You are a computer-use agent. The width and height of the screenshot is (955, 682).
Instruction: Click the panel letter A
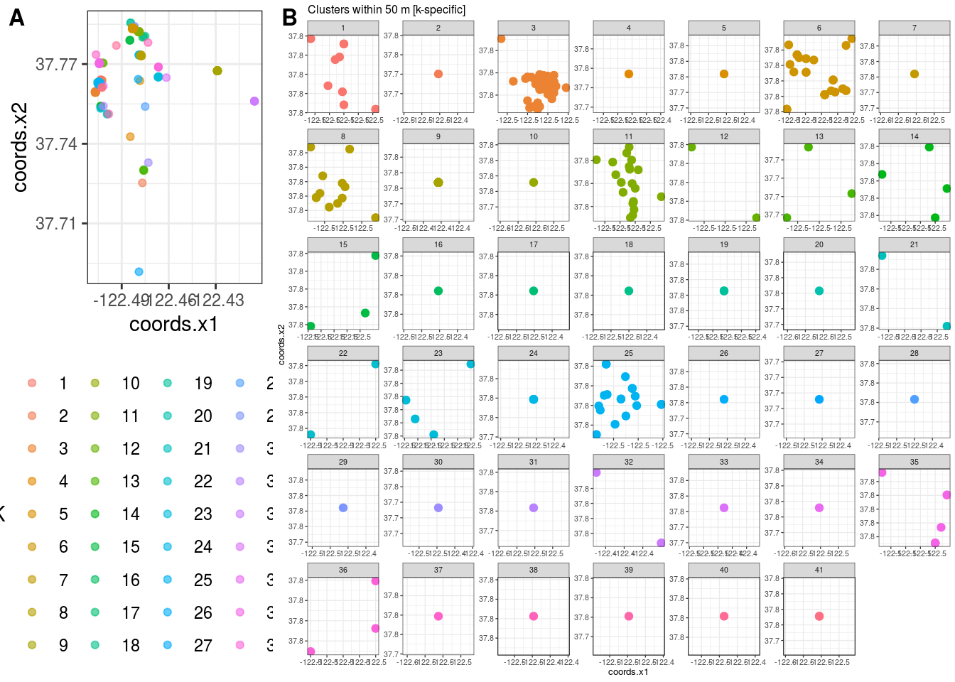pyautogui.click(x=16, y=18)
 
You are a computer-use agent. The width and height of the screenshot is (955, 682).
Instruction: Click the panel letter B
pyautogui.click(x=289, y=17)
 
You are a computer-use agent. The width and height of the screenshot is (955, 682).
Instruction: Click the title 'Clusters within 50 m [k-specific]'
pyautogui.click(x=387, y=10)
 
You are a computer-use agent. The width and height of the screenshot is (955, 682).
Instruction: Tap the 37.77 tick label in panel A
pyautogui.click(x=56, y=65)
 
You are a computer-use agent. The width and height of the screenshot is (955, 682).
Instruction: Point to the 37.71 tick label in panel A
pyautogui.click(x=56, y=224)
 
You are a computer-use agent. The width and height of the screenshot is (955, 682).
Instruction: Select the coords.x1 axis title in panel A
pyautogui.click(x=173, y=325)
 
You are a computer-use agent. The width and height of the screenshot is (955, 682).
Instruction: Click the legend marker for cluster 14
pyautogui.click(x=95, y=514)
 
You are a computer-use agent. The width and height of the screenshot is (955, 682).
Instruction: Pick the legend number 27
pyautogui.click(x=203, y=646)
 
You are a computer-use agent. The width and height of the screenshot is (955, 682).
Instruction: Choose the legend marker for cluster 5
pyautogui.click(x=32, y=514)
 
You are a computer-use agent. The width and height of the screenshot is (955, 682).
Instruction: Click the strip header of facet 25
pyautogui.click(x=628, y=353)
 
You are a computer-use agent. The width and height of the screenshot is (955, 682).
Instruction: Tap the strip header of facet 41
pyautogui.click(x=819, y=570)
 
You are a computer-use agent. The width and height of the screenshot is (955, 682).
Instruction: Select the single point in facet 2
pyautogui.click(x=438, y=74)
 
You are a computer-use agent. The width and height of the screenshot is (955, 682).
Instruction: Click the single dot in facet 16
pyautogui.click(x=438, y=291)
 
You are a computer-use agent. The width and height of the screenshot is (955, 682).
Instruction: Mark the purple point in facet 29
pyautogui.click(x=343, y=508)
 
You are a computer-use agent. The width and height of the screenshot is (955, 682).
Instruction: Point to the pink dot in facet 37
pyautogui.click(x=438, y=617)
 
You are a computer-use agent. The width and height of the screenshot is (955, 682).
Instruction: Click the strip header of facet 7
pyautogui.click(x=914, y=28)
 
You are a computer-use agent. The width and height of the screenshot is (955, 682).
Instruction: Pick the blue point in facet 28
pyautogui.click(x=914, y=399)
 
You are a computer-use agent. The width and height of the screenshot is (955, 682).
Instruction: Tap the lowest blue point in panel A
pyautogui.click(x=139, y=272)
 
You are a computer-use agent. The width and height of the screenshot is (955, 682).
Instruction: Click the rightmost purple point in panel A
pyautogui.click(x=254, y=102)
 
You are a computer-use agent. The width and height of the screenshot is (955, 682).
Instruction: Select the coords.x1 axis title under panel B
pyautogui.click(x=628, y=672)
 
